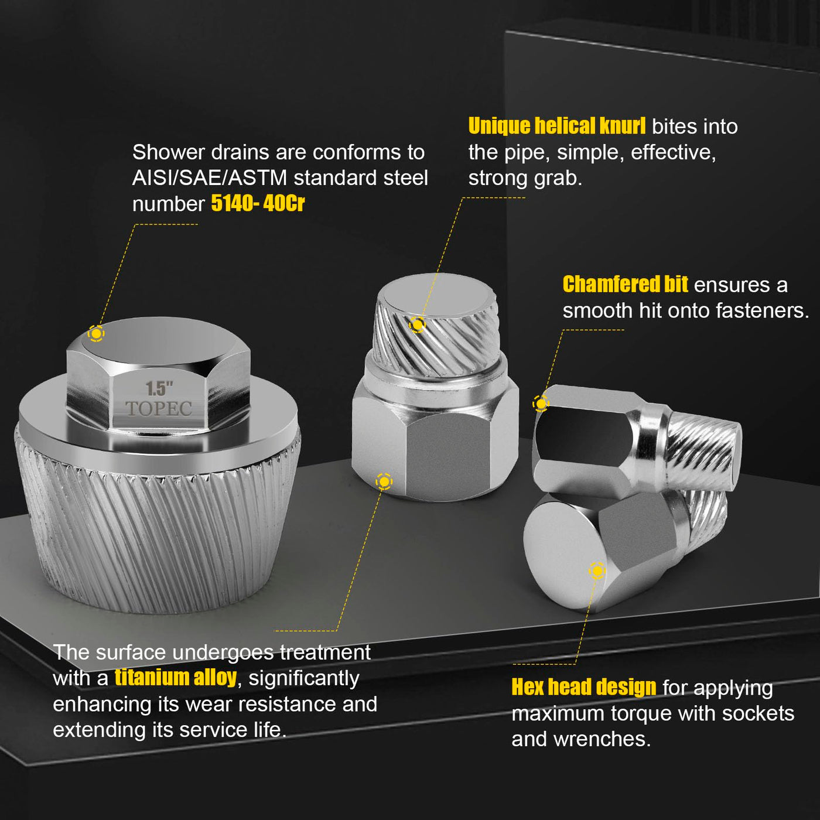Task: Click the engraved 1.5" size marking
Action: pos(159,388)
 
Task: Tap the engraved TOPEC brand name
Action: pos(159,408)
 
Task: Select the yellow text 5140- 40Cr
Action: pos(258,203)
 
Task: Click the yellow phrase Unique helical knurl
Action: pos(556,126)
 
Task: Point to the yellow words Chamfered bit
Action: pos(625,284)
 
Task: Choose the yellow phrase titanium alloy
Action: pos(175,677)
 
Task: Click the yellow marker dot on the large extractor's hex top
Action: pos(96,333)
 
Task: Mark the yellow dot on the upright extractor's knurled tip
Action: pos(418,324)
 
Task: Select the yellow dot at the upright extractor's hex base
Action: pos(384,481)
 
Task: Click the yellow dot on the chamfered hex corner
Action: pos(541,403)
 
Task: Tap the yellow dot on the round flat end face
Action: pos(597,570)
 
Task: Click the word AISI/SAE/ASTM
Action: pos(209,178)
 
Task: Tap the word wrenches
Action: pos(602,740)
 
